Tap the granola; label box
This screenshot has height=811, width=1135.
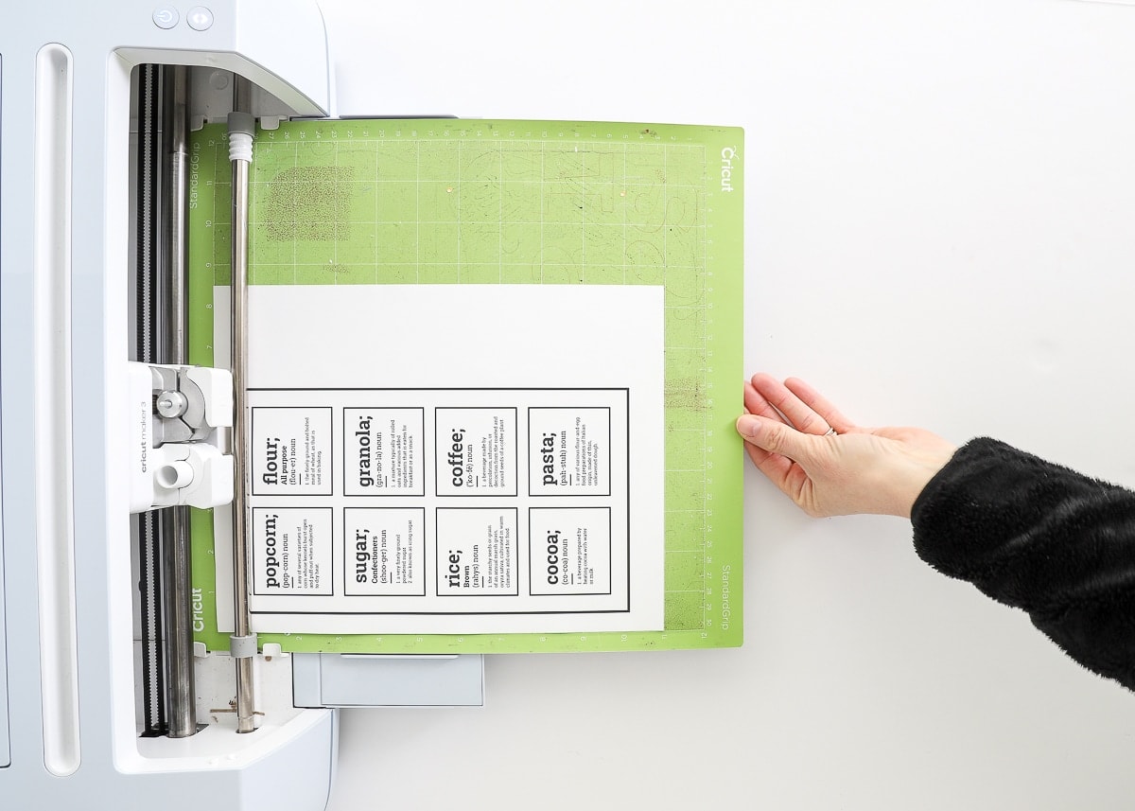[x=383, y=451]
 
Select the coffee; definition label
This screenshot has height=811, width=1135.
[x=476, y=451]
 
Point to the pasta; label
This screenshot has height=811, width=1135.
[x=568, y=451]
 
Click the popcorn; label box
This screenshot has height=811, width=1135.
[x=291, y=551]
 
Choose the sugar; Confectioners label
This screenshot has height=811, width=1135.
[x=383, y=551]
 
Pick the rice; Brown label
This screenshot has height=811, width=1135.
[x=476, y=551]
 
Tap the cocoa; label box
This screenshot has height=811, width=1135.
[x=568, y=551]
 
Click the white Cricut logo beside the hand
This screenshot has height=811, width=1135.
[x=726, y=168]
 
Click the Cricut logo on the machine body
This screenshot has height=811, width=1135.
[x=198, y=608]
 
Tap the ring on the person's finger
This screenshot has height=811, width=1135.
[x=831, y=432]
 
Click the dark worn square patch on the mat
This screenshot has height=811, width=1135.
[x=308, y=203]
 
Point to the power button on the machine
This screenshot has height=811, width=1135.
[x=166, y=17]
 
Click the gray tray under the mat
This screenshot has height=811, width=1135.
[x=388, y=679]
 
